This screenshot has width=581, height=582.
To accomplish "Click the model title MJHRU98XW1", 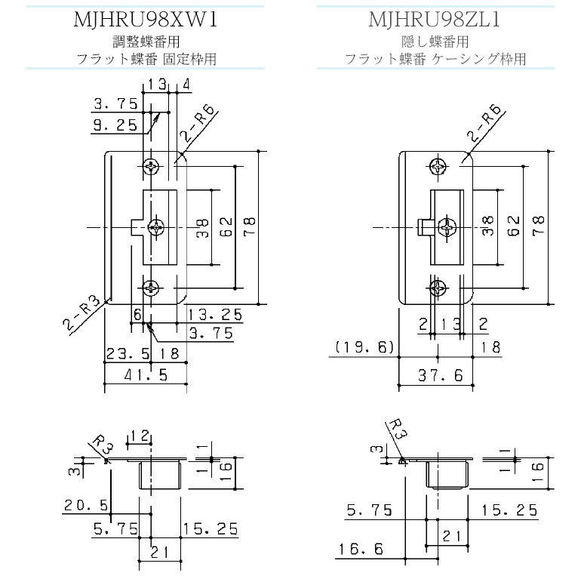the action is (146, 20).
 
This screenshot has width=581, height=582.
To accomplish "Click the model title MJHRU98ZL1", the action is (435, 20).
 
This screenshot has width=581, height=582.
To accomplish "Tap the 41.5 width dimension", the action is (146, 375).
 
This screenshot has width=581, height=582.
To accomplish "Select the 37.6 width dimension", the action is (441, 376).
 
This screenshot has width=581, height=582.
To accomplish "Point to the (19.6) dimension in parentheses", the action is (364, 347).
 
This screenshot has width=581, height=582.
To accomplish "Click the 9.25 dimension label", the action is (115, 125).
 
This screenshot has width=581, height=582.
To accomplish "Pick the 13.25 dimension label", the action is (215, 315).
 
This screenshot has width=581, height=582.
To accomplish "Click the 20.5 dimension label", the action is (86, 505).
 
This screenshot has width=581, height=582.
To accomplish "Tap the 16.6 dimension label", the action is (361, 549).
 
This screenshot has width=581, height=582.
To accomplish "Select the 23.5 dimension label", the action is (128, 353).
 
